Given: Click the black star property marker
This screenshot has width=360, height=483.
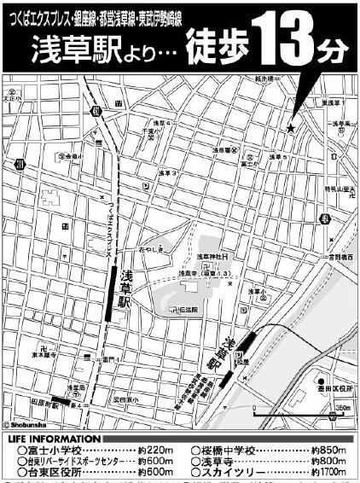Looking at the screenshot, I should (x=292, y=128).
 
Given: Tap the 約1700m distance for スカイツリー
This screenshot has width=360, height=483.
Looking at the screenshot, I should (x=327, y=470).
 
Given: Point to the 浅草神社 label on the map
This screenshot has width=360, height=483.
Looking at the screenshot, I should (x=210, y=256).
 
